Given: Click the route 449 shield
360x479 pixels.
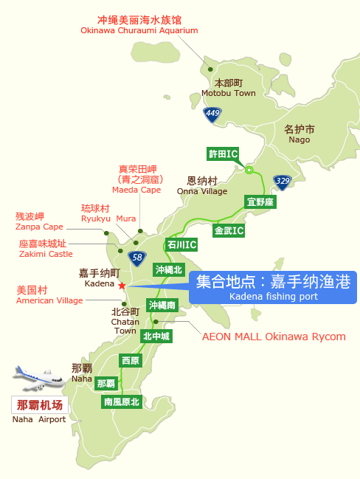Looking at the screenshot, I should coord(213,114).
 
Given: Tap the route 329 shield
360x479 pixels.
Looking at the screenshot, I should coord(282,181).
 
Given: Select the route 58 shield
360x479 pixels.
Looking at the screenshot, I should coord(136,258).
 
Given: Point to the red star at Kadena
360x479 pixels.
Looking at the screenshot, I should coord(122,286).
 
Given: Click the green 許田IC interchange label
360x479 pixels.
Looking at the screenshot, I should coord(224,154).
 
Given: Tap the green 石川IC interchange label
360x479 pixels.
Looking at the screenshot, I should coord(181,244).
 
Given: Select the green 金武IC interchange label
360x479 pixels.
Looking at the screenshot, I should coord(229,230).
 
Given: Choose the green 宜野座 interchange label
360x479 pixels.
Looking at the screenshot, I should coord(260,201).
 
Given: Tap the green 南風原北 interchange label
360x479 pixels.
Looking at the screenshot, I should coord(122,402).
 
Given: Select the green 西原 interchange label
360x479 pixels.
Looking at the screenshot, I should coord(131,361).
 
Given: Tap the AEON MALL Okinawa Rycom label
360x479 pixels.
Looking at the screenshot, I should coord(274,337).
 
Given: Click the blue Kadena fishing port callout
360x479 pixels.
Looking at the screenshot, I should coord(272,287).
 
